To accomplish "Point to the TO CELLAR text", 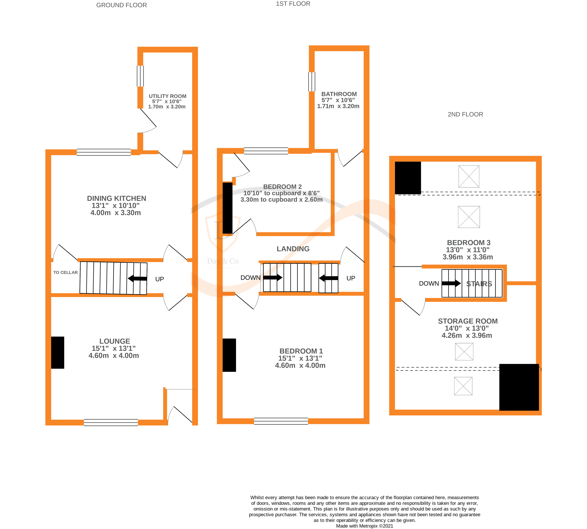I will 65,272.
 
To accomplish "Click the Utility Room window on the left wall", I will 140,76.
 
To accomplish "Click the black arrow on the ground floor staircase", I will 137,279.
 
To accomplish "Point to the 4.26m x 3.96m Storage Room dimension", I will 467,335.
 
